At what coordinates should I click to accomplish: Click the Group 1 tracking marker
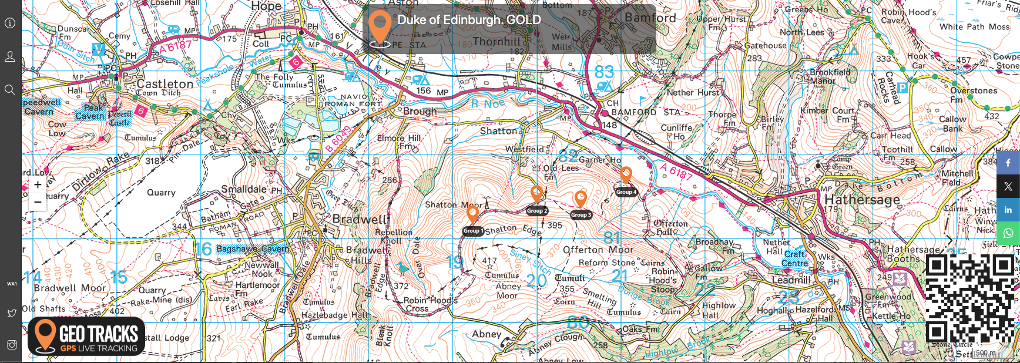[x=472, y=215]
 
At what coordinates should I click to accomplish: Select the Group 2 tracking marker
[x=536, y=194]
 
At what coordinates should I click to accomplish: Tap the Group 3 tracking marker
[x=581, y=199]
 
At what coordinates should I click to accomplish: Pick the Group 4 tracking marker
[x=626, y=175]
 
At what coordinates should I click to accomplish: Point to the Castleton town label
[x=165, y=84]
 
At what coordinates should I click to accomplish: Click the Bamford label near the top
[x=650, y=18]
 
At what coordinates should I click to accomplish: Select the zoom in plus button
[x=38, y=184]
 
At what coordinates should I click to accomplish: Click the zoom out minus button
[x=38, y=202]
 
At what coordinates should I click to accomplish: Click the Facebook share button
[x=1008, y=163]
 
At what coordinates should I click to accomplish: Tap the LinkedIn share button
[x=1008, y=210]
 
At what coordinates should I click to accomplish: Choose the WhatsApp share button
[x=1008, y=233]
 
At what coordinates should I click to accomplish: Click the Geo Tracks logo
[x=86, y=337]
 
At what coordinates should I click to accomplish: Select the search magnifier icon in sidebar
[x=10, y=90]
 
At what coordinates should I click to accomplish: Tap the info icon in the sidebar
[x=10, y=23]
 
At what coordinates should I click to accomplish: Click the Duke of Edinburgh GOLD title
[x=469, y=20]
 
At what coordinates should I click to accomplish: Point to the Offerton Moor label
[x=598, y=250]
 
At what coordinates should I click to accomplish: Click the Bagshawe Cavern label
[x=253, y=249]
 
